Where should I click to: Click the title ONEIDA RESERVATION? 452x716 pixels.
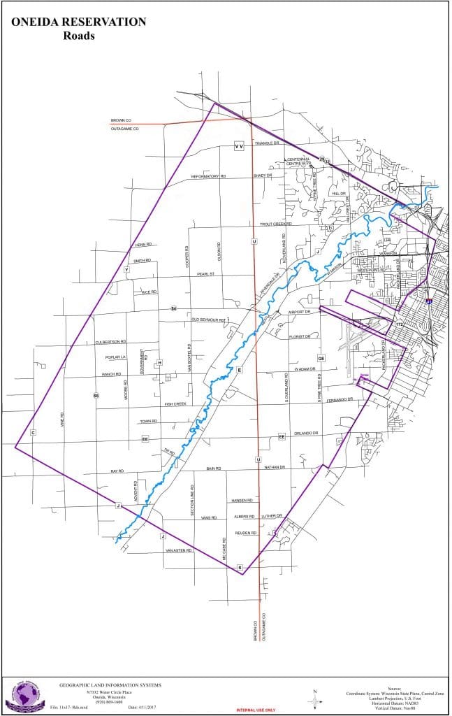pos(79,22)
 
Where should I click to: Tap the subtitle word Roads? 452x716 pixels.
pos(79,36)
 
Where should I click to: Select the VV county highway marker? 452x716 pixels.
pos(238,146)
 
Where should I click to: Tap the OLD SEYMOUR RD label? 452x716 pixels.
pos(210,320)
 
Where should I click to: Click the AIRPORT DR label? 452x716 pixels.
pos(298,312)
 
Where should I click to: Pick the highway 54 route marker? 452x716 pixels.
pos(174,308)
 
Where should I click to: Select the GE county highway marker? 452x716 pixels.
pos(321,358)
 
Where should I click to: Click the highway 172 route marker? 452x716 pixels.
pos(400,324)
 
